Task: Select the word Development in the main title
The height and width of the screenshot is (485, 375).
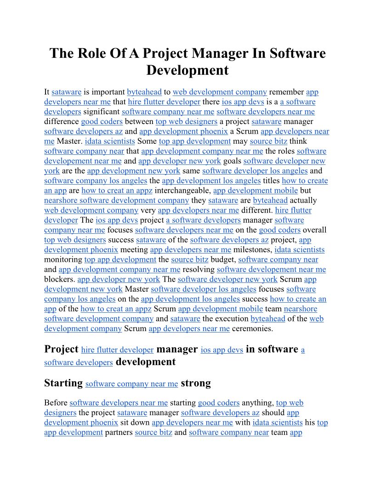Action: tap(187, 70)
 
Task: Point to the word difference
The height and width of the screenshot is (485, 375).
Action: tap(62, 122)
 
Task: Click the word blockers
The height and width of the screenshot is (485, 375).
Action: tap(60, 279)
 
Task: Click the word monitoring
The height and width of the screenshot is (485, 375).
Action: tap(63, 259)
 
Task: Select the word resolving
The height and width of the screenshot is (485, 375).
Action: tap(199, 270)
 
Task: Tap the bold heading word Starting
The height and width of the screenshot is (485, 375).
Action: tap(63, 383)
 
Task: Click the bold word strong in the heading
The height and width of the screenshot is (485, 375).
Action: tap(196, 383)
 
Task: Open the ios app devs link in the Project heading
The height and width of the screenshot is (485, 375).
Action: tap(222, 350)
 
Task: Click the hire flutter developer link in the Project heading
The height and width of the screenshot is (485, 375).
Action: tap(117, 350)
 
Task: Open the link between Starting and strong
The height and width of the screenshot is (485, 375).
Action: tap(131, 384)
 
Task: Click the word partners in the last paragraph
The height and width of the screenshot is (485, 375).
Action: tap(119, 432)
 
